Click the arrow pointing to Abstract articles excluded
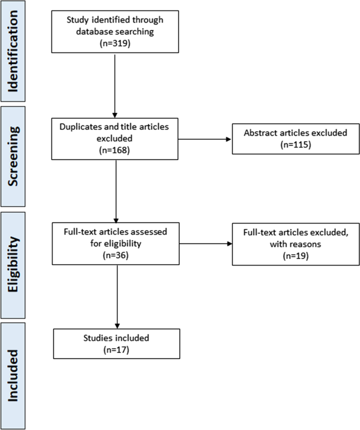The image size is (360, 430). tap(204, 140)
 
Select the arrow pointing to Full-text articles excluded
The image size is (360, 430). tap(204, 244)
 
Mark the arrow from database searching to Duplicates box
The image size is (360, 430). tap(115, 86)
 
